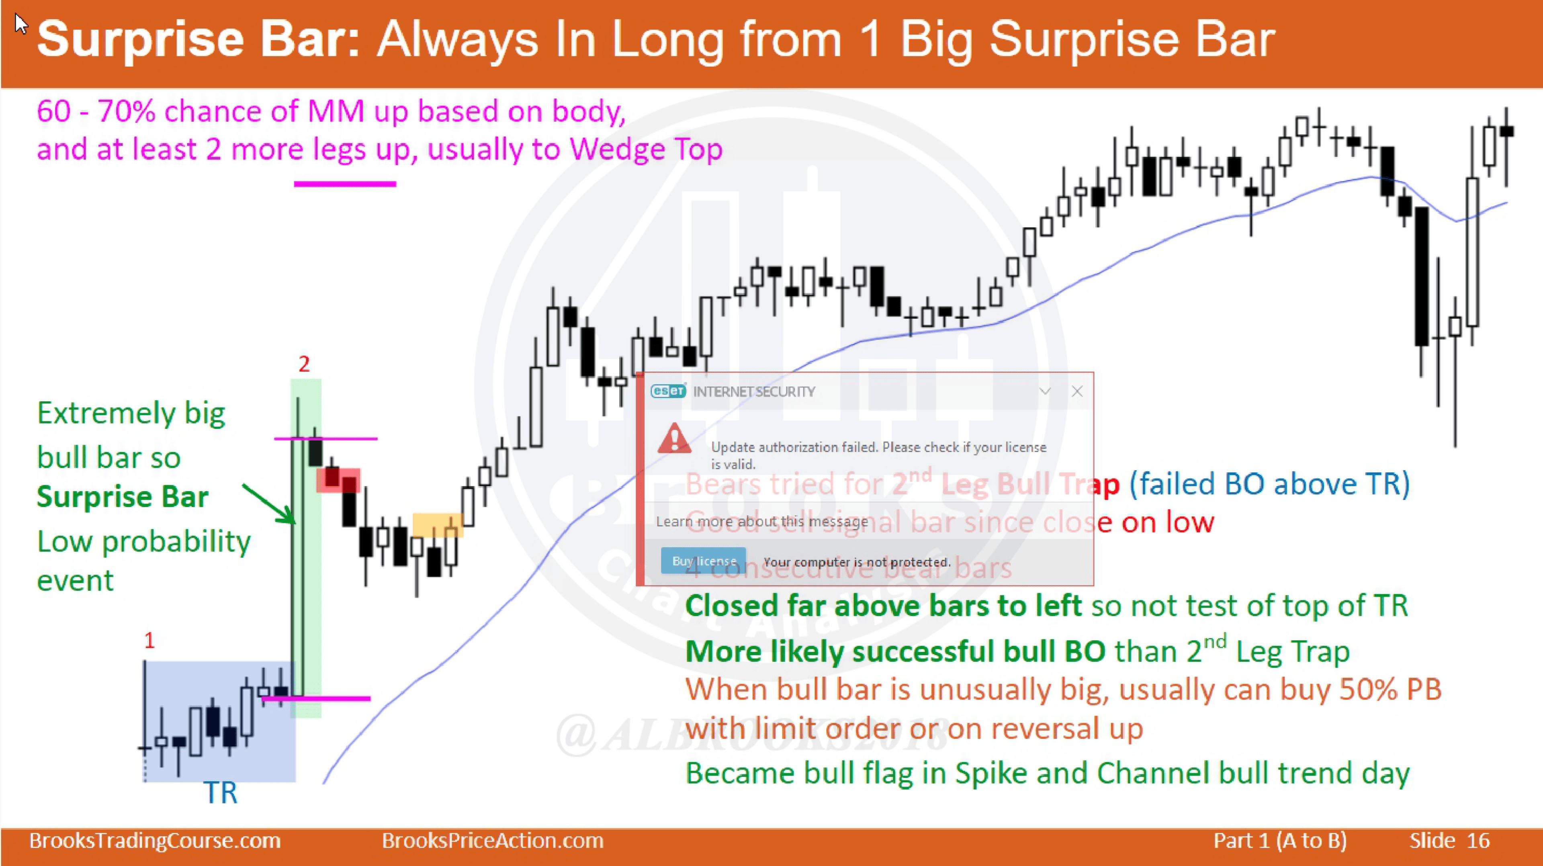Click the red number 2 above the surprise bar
[304, 364]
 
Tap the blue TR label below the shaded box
[221, 793]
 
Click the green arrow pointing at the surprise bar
[268, 503]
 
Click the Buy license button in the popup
[703, 561]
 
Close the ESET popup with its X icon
[1077, 392]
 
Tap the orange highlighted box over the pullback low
[437, 525]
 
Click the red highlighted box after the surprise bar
[338, 480]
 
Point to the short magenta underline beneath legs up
[345, 184]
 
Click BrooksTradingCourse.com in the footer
[155, 841]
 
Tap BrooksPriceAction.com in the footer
[493, 841]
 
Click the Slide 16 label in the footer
[1449, 841]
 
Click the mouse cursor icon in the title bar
[21, 24]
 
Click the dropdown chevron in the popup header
[1045, 392]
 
